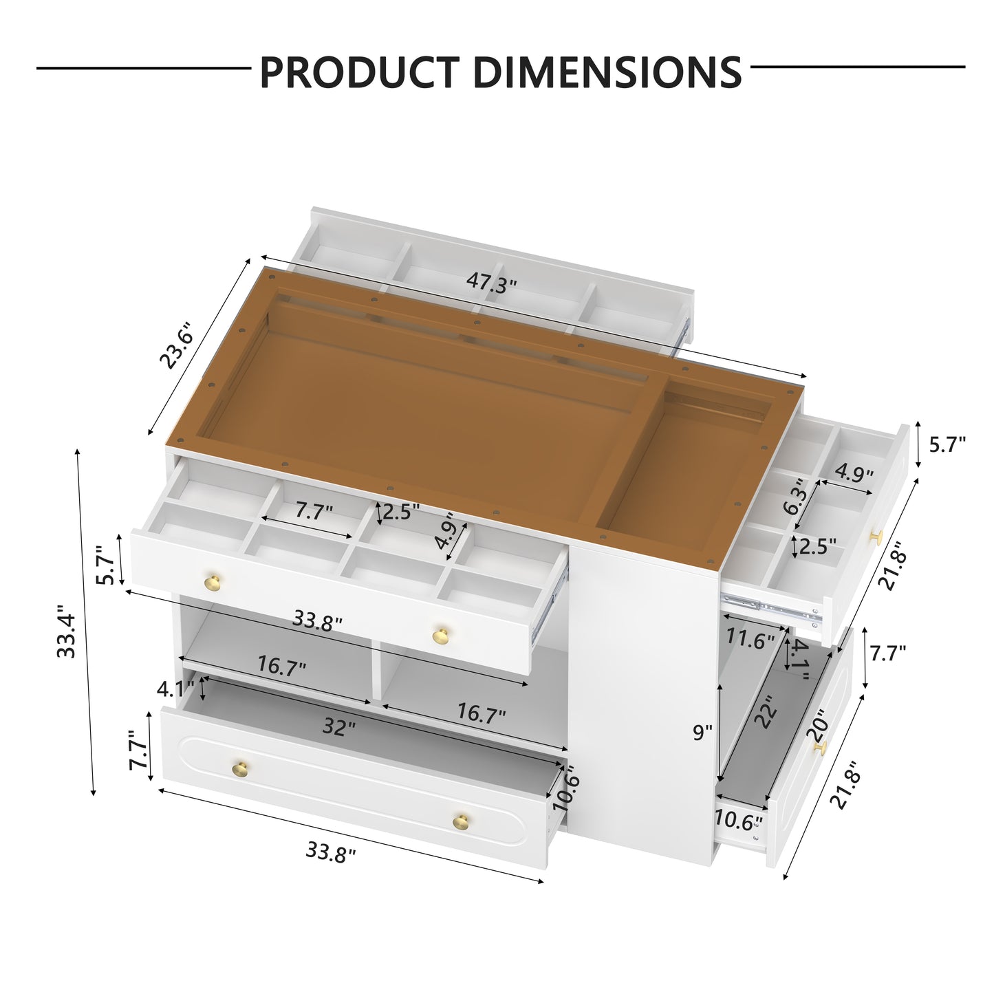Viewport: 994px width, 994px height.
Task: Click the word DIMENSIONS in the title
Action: point(607,72)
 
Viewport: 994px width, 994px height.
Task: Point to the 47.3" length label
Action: point(491,283)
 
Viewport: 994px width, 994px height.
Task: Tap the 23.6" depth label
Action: point(176,345)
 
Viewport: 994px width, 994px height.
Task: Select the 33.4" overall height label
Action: point(66,631)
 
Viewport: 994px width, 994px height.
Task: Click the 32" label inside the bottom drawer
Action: point(339,727)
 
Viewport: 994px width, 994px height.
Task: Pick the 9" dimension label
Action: point(702,732)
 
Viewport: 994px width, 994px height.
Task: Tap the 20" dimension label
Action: point(816,726)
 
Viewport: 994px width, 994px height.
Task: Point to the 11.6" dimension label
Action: point(750,640)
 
